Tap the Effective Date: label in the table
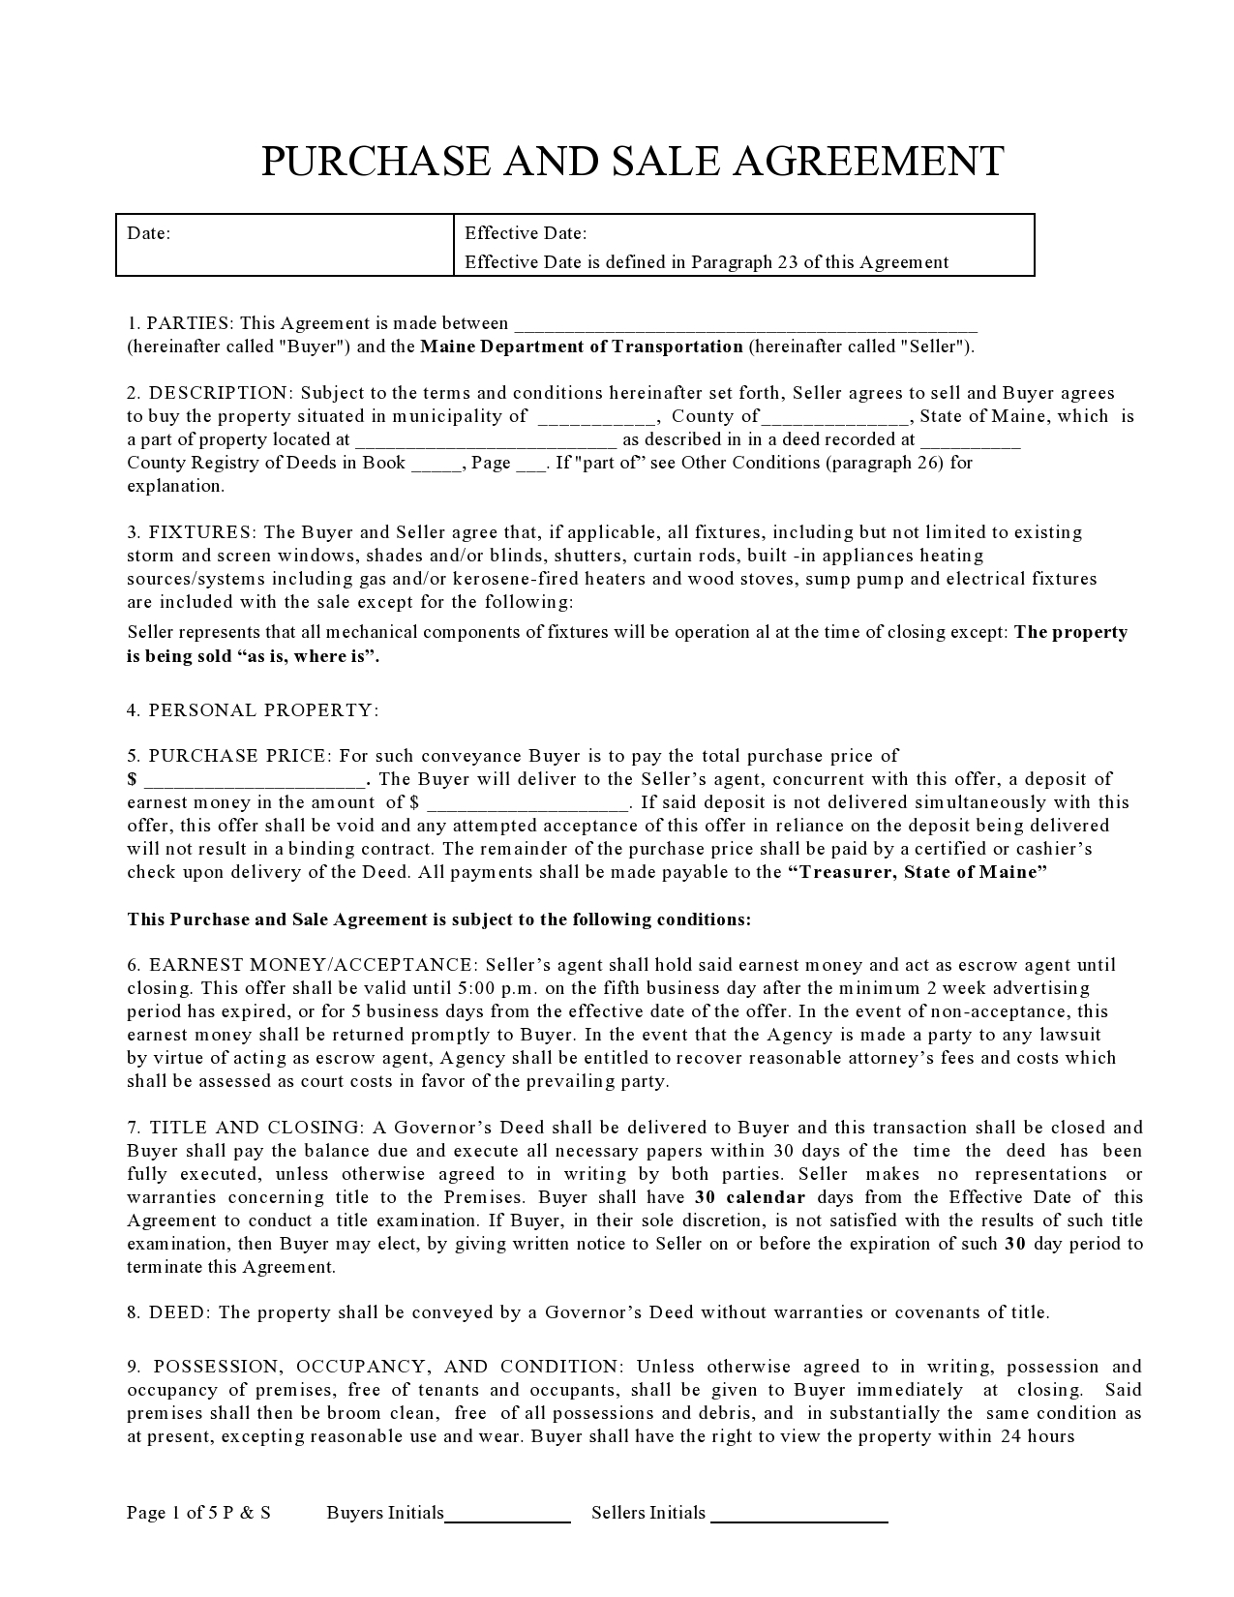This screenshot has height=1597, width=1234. pyautogui.click(x=526, y=233)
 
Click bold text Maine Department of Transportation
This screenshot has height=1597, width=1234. pyautogui.click(x=582, y=347)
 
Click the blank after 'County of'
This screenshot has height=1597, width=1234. pyautogui.click(x=835, y=418)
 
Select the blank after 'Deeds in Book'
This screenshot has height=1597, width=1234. pyautogui.click(x=436, y=465)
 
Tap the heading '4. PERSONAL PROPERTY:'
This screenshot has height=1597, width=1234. pyautogui.click(x=253, y=710)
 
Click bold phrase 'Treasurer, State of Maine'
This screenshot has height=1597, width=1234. pyautogui.click(x=918, y=872)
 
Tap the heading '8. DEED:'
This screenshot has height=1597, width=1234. pyautogui.click(x=169, y=1312)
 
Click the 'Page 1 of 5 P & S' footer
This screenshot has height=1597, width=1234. pyautogui.click(x=198, y=1513)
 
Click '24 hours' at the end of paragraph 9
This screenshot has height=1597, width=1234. pyautogui.click(x=1038, y=1436)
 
